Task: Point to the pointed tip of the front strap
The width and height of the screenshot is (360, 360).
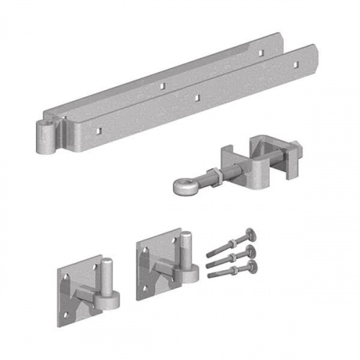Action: click(x=315, y=53)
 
